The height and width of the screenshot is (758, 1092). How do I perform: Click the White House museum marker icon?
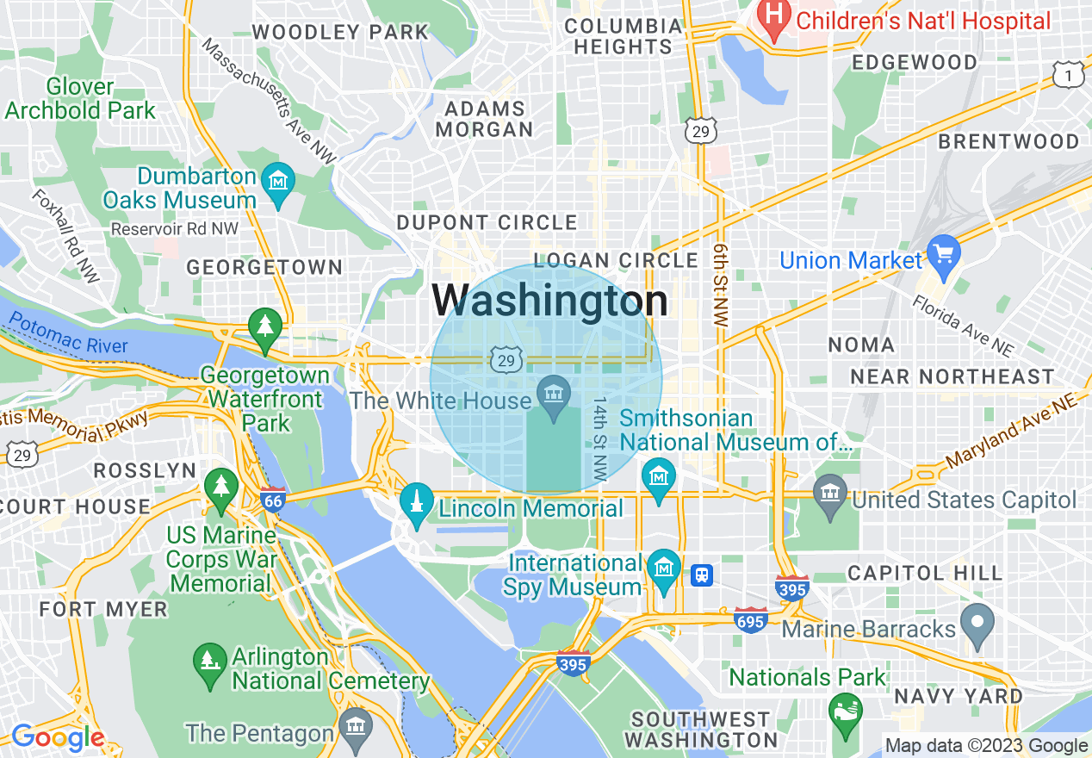tap(553, 395)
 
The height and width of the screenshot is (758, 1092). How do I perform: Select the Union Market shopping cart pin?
tap(945, 256)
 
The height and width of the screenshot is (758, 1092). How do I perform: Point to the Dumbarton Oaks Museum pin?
tap(278, 183)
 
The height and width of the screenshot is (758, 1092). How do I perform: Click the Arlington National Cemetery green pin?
tap(209, 662)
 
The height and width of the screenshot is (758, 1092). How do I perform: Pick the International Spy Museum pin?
tap(663, 570)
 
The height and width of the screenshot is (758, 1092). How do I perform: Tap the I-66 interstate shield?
tap(273, 500)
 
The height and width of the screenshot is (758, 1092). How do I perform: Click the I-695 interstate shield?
tap(751, 620)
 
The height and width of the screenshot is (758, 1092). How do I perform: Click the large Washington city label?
tap(549, 301)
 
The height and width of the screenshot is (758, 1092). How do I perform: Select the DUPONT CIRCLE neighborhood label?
tap(487, 222)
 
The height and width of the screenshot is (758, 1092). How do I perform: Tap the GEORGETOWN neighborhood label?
tap(264, 267)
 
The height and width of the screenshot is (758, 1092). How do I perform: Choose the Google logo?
tap(58, 737)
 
